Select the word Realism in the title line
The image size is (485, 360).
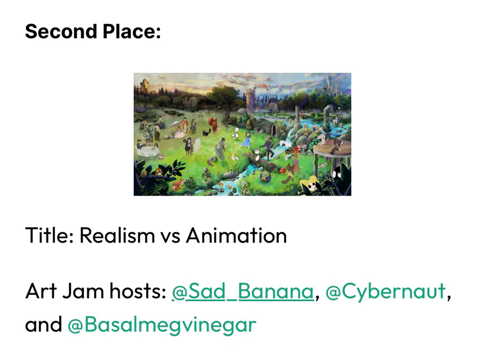(x=117, y=236)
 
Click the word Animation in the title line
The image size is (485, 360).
(x=237, y=236)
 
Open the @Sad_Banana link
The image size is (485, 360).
(x=243, y=292)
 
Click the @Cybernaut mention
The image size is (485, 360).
(x=385, y=292)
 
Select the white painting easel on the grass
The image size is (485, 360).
(x=197, y=147)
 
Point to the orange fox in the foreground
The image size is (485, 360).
(x=177, y=185)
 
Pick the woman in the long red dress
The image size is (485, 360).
(x=214, y=123)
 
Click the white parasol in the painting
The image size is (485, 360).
(x=175, y=124)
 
